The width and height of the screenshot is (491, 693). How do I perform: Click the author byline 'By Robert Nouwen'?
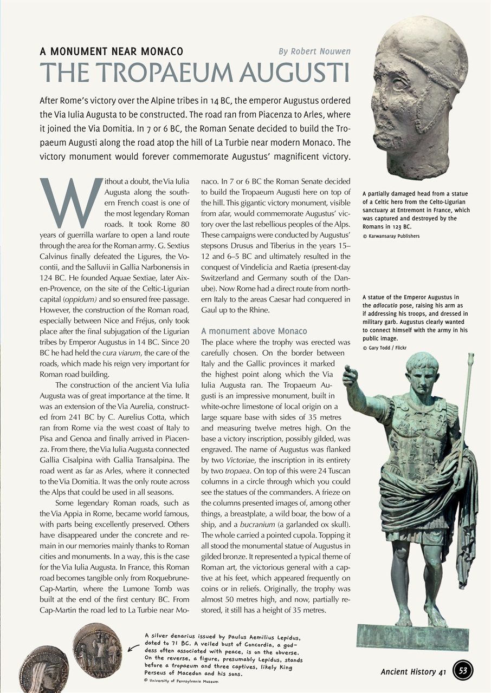click(314, 51)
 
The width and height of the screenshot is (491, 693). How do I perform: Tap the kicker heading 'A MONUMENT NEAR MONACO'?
click(111, 52)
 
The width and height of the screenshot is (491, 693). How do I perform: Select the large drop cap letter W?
click(70, 203)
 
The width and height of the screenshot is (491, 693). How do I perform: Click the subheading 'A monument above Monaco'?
click(254, 331)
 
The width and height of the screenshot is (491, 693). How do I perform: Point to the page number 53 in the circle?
click(463, 671)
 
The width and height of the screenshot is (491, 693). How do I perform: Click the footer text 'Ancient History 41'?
click(413, 672)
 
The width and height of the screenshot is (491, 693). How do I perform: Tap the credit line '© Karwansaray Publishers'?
click(391, 236)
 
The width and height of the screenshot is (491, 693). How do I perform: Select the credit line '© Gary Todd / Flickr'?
click(384, 348)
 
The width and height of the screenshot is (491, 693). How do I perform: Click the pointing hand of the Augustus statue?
click(350, 375)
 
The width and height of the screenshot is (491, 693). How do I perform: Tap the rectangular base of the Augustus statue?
click(412, 637)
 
